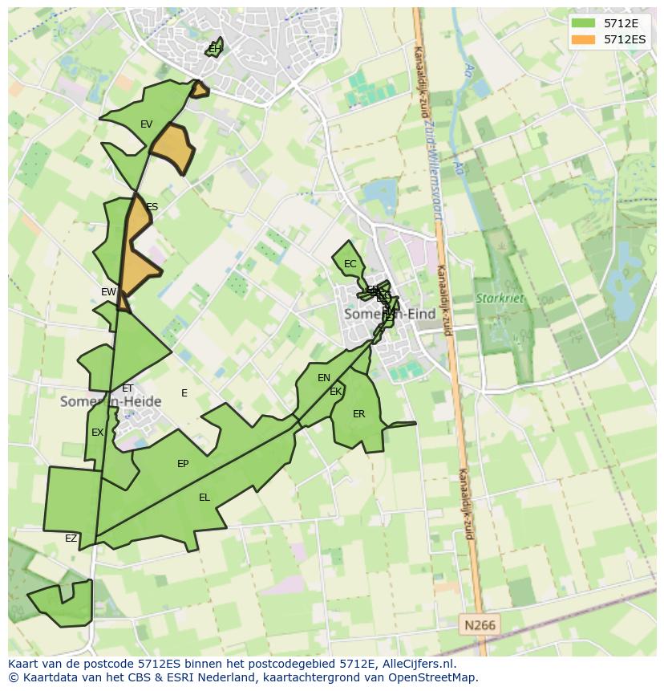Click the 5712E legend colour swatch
click(585, 23)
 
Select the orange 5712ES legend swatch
click(585, 39)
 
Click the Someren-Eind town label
click(389, 314)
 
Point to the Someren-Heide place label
click(111, 401)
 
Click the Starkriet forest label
click(500, 299)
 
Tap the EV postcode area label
click(146, 124)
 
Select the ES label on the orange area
click(152, 207)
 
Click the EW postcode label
click(109, 292)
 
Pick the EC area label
click(350, 264)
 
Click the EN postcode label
click(324, 378)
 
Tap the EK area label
click(336, 392)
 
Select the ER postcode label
click(358, 414)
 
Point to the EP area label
click(183, 464)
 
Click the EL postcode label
click(204, 498)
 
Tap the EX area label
click(97, 433)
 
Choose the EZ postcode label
click(71, 539)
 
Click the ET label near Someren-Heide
click(128, 388)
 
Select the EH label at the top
click(214, 49)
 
